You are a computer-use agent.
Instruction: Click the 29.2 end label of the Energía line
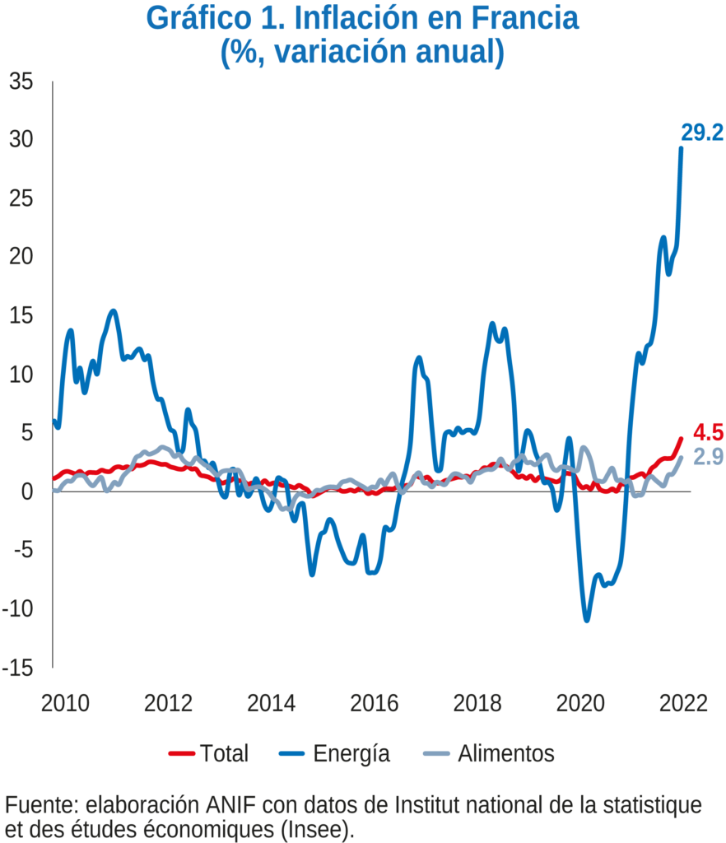pyautogui.click(x=701, y=133)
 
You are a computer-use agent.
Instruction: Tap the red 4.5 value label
pyautogui.click(x=707, y=433)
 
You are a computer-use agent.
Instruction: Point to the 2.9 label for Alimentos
pyautogui.click(x=707, y=458)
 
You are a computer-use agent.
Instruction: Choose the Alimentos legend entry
pyautogui.click(x=489, y=752)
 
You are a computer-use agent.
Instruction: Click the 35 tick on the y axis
pyautogui.click(x=21, y=82)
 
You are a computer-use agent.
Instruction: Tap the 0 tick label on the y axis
pyautogui.click(x=26, y=491)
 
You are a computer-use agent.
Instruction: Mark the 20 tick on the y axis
pyautogui.click(x=21, y=258)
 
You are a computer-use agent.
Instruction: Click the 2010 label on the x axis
pyautogui.click(x=65, y=705)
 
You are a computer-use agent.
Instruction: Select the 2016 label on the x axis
pyautogui.click(x=375, y=705)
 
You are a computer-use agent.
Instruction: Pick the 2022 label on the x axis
pyautogui.click(x=684, y=705)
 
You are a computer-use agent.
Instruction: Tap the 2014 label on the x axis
pyautogui.click(x=272, y=705)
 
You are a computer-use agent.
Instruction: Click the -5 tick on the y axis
pyautogui.click(x=21, y=550)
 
